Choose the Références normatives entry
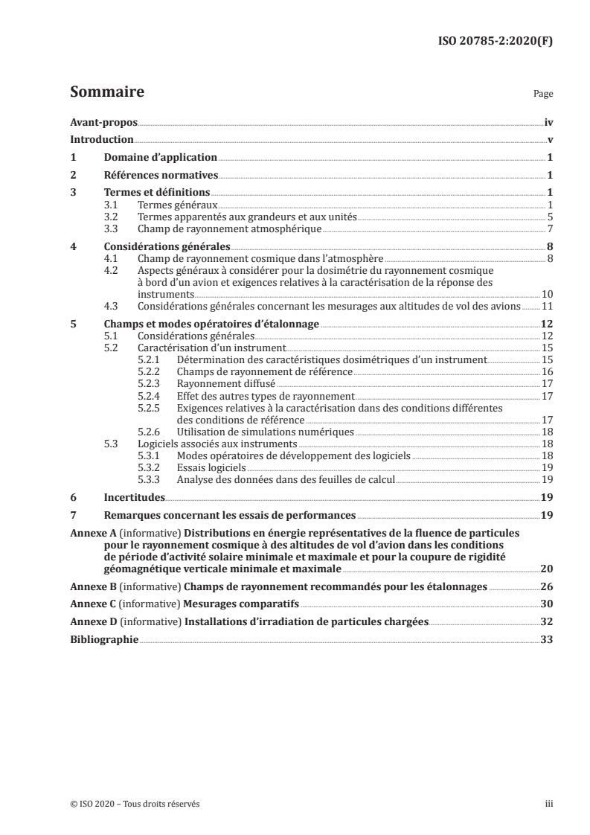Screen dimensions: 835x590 pos(160,176)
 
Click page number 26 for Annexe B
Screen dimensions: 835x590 pos(548,586)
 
